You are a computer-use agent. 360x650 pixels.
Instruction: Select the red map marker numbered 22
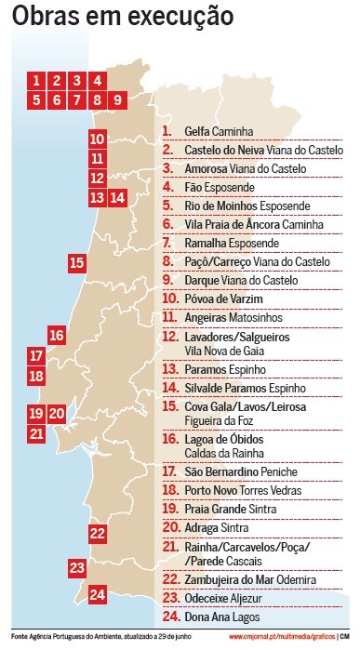coord(98,533)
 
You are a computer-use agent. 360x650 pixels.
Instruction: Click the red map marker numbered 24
coord(98,594)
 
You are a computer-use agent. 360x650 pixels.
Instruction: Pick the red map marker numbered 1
coord(36,80)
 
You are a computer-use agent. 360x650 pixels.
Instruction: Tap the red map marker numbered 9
coord(118,99)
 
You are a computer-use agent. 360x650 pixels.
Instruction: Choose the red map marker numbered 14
coord(117,196)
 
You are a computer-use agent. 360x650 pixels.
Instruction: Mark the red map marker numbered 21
coord(36,432)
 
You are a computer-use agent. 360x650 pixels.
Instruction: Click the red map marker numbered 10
coord(98,139)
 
